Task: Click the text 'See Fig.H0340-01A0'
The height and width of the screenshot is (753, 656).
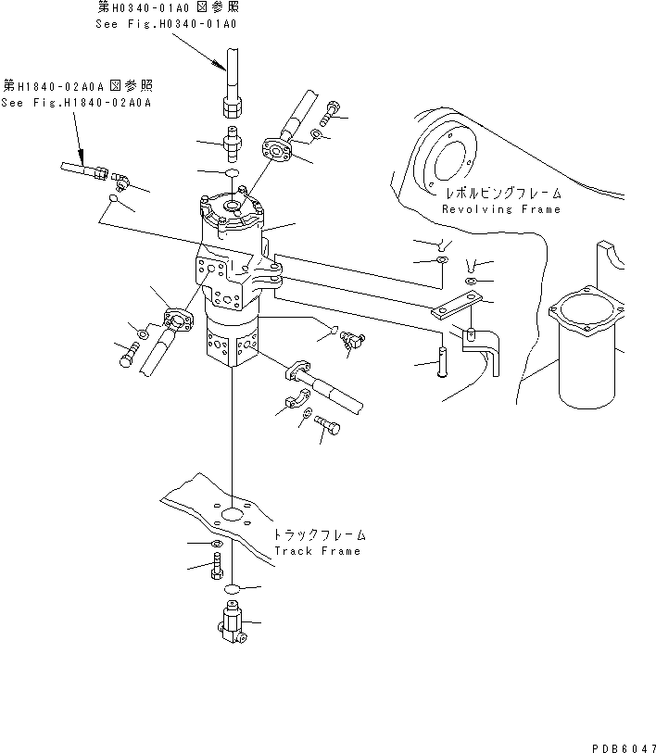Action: (166, 23)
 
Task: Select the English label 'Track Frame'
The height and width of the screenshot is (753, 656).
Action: (317, 551)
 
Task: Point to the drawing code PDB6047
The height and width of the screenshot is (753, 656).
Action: (619, 744)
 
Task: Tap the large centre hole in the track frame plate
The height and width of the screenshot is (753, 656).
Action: (233, 516)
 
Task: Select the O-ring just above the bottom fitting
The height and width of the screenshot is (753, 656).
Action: (233, 587)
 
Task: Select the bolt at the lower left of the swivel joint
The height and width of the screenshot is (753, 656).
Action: (128, 354)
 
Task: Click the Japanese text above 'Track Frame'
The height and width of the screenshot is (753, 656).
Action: (318, 535)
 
